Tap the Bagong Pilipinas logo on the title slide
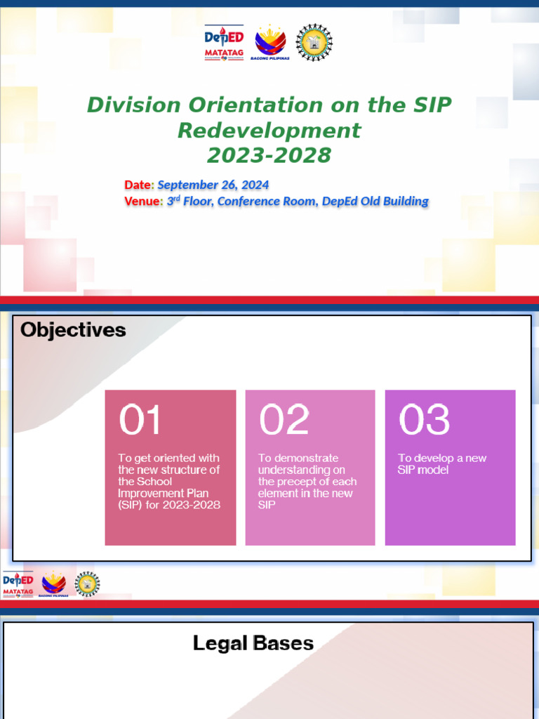click(269, 42)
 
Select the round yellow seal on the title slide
click(314, 42)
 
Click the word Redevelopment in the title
click(269, 131)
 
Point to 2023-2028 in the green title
click(269, 155)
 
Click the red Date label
click(138, 185)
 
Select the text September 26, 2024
click(213, 185)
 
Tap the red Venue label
click(142, 202)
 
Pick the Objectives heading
click(73, 330)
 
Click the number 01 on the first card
click(140, 420)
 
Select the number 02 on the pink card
click(284, 420)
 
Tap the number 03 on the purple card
click(424, 420)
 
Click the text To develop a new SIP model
click(442, 464)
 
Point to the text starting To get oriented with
click(169, 482)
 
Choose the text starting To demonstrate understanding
click(307, 482)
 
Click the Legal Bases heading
click(253, 643)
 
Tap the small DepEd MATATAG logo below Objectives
click(18, 584)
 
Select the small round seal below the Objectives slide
click(88, 583)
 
